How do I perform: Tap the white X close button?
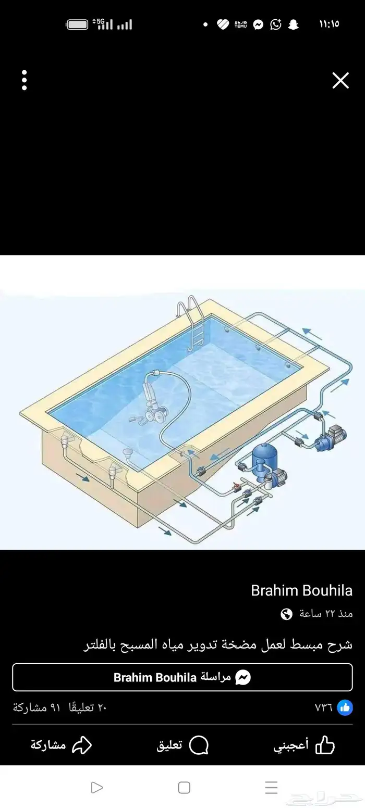(x=340, y=80)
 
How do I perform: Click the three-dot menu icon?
(x=25, y=80)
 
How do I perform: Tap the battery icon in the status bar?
(x=77, y=24)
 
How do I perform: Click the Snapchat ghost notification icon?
(x=293, y=24)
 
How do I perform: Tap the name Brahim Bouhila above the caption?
(x=301, y=590)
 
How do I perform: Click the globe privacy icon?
(x=286, y=614)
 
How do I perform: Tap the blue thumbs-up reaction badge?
(x=345, y=707)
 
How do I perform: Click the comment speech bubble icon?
(x=199, y=745)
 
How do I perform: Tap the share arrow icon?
(x=82, y=745)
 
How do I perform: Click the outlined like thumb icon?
(x=325, y=745)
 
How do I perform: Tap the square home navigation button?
(x=184, y=787)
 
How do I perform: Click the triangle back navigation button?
(x=96, y=787)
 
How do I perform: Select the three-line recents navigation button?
(x=271, y=787)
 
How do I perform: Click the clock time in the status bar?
(x=329, y=24)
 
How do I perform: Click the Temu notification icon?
(x=240, y=24)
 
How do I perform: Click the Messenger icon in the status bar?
(x=258, y=24)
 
